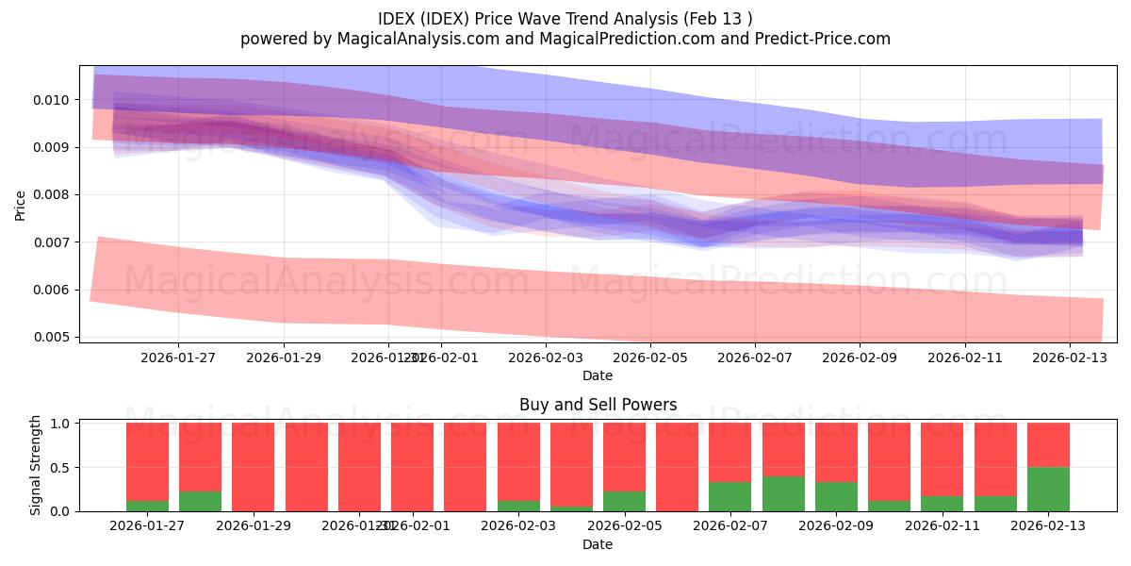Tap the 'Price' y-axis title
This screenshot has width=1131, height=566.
pos(21,204)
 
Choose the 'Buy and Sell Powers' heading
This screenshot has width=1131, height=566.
pos(598,405)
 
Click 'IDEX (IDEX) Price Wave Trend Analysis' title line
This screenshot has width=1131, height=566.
pos(565,19)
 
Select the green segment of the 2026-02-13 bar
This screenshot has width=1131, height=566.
pos(1048,489)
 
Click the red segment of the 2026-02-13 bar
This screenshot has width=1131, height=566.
pos(1048,444)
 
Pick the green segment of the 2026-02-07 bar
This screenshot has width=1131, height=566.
pos(729,496)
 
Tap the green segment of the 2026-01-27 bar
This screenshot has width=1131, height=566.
pos(147,506)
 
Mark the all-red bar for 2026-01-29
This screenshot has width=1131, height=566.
pos(253,467)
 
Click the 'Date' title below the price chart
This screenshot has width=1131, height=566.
pos(598,375)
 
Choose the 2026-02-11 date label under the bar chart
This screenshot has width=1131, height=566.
pos(942,526)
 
